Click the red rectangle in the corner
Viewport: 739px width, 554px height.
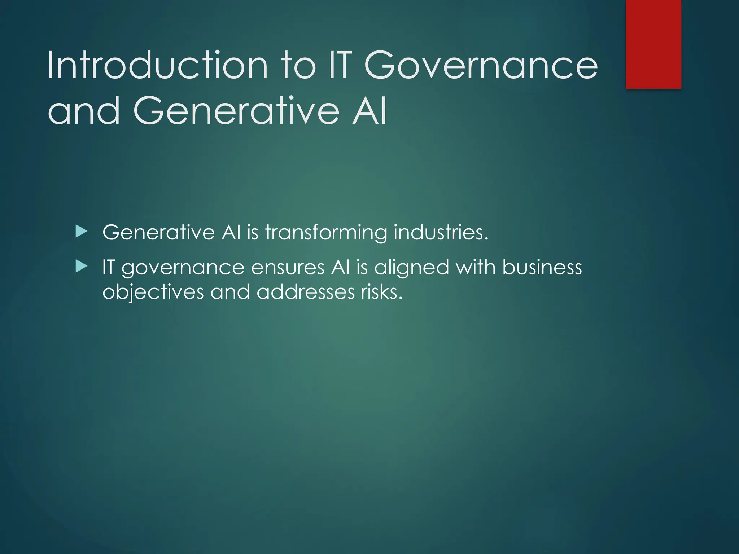(x=653, y=44)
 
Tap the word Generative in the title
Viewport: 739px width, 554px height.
(x=236, y=110)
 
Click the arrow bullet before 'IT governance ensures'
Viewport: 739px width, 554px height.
(x=82, y=267)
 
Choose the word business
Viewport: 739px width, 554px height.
(x=542, y=267)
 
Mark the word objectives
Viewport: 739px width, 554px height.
(x=153, y=293)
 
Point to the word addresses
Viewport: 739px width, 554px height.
(x=306, y=292)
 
